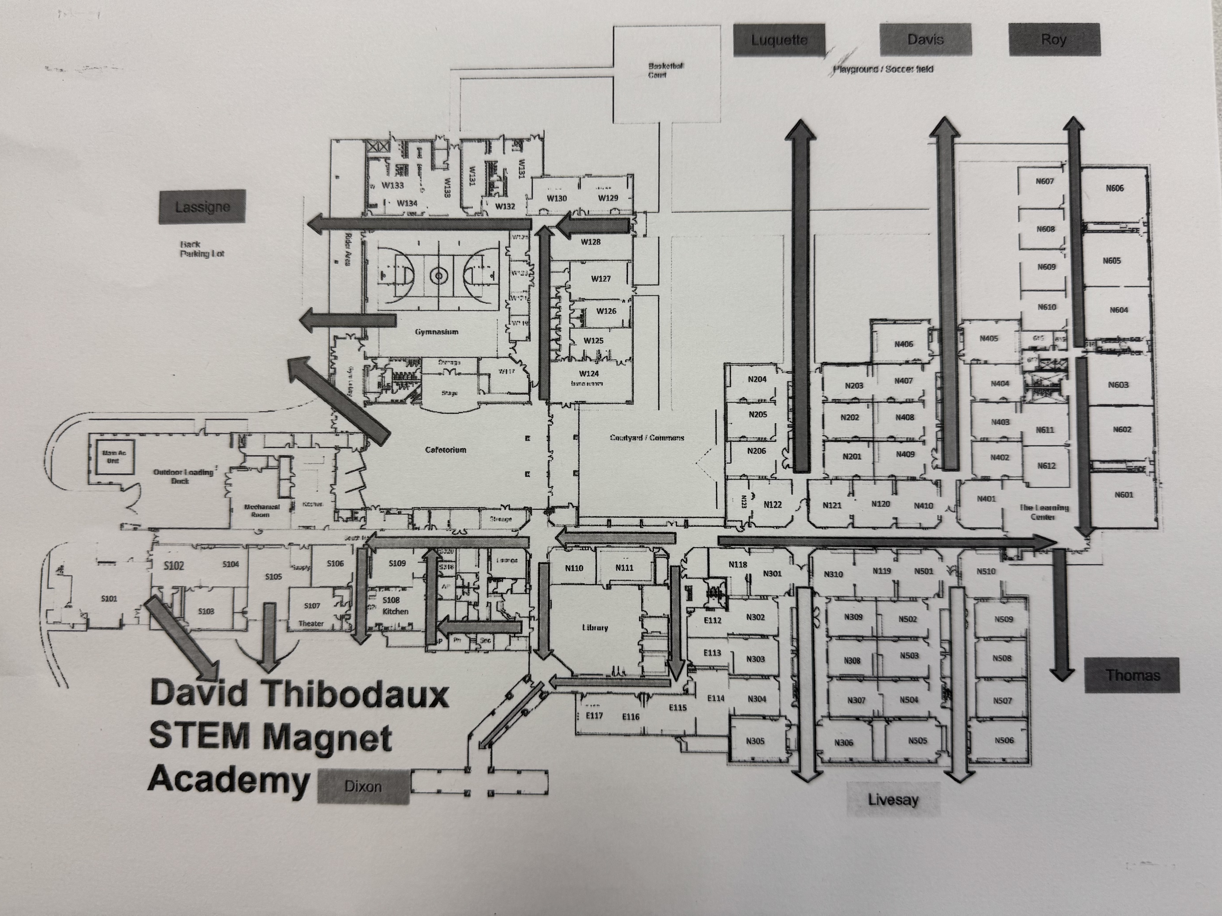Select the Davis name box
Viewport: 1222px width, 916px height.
click(x=925, y=39)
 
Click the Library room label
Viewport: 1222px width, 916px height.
click(x=595, y=628)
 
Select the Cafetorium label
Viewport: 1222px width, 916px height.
click(x=445, y=450)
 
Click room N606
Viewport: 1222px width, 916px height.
click(x=1114, y=188)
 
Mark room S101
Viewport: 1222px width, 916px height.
click(x=109, y=598)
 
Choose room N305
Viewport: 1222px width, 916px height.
click(x=755, y=741)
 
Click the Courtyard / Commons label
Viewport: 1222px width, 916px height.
click(x=647, y=438)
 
